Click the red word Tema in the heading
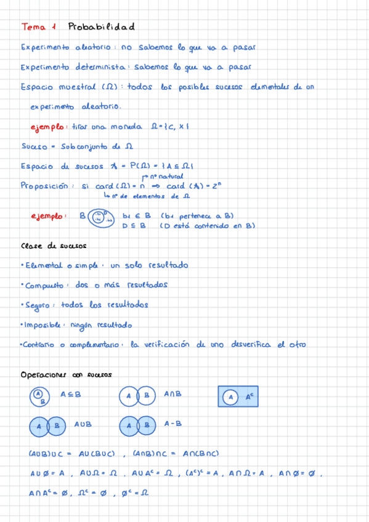pyautogui.click(x=34, y=28)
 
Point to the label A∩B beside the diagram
pyautogui.click(x=173, y=394)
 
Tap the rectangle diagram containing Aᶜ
pyautogui.click(x=240, y=397)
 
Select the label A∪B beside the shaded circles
pyautogui.click(x=83, y=424)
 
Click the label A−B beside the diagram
pyautogui.click(x=173, y=424)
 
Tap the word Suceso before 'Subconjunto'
pyautogui.click(x=34, y=147)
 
